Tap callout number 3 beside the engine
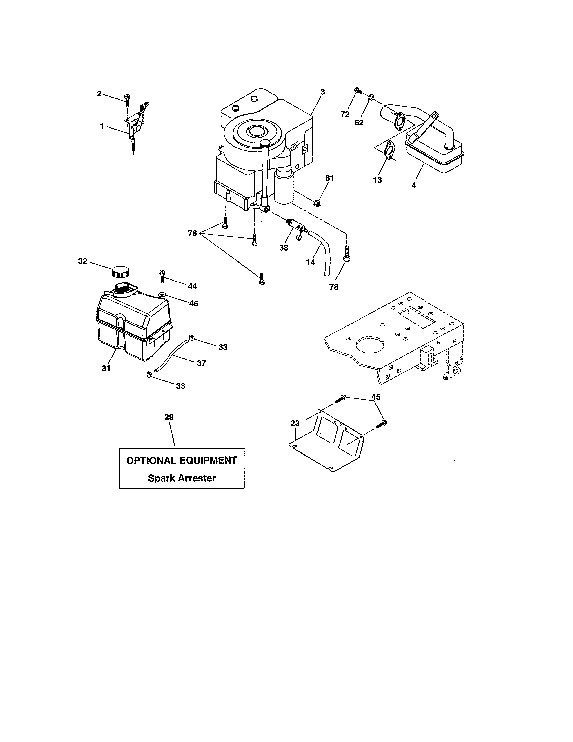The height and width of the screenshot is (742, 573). [x=322, y=92]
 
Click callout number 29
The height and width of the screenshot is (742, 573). [x=169, y=417]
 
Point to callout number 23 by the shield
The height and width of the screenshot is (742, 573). [x=295, y=423]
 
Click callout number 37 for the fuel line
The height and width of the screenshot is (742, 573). [x=201, y=363]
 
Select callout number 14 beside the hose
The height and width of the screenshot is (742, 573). [x=310, y=262]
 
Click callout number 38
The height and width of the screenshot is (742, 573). [x=284, y=248]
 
